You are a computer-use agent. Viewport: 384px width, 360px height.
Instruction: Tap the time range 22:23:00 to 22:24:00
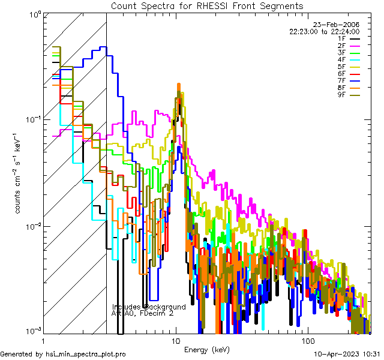[x=324, y=31]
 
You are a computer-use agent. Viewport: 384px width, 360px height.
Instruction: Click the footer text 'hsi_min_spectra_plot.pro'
[x=86, y=355]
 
